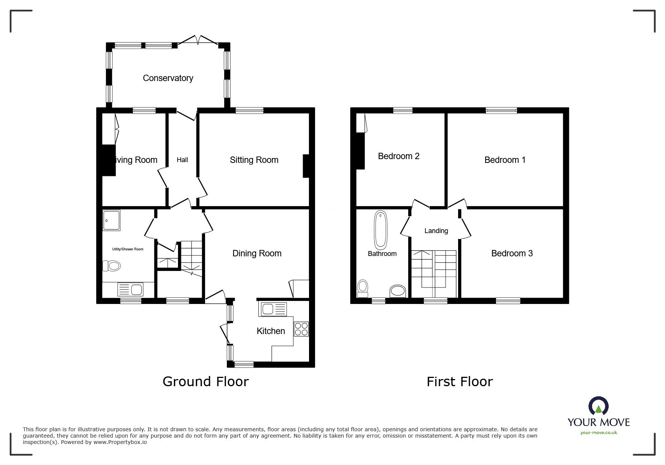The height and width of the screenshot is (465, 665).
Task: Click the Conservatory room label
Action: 168,78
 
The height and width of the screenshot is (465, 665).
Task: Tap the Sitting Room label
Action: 254,160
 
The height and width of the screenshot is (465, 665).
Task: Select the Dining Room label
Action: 257,254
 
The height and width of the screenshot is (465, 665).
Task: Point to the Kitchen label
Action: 271,331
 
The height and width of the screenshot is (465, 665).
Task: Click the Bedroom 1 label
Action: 505,160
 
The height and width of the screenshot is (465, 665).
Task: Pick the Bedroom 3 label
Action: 512,253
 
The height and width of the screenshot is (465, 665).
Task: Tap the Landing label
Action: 436,231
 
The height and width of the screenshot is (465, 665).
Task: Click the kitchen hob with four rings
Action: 301,329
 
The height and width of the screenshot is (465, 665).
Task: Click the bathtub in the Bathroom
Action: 380,230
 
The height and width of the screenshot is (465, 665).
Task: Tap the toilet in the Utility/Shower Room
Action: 112,266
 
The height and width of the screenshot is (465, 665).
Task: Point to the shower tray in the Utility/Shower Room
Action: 111,220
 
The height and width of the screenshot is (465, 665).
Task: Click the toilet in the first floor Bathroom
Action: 362,289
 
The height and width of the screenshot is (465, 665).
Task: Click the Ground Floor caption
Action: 206,382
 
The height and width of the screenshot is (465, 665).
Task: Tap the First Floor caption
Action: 460,382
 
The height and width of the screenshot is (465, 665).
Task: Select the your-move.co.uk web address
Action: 599,433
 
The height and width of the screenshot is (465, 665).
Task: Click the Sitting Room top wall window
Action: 249,110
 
